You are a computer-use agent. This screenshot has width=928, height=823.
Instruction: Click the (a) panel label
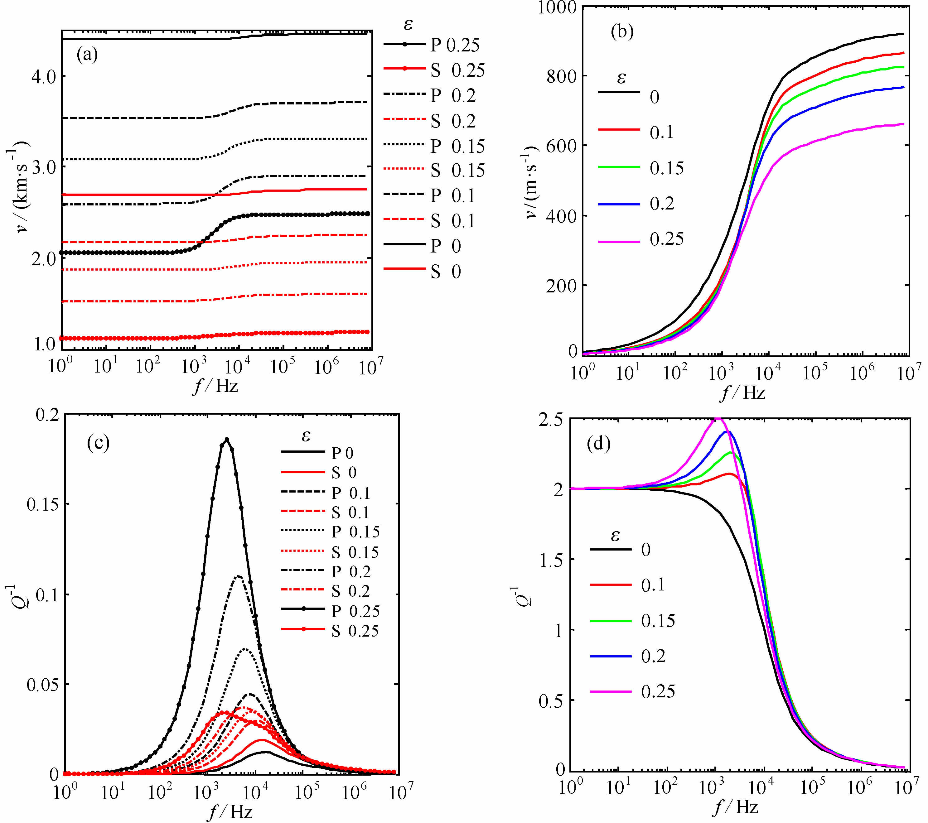tap(87, 55)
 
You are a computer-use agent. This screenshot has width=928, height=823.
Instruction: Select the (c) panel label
tap(98, 443)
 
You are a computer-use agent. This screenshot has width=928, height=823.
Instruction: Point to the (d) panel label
tap(598, 444)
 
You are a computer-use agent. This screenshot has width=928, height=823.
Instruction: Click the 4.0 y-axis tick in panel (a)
tap(43, 76)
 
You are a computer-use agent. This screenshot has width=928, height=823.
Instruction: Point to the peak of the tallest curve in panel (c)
tap(227, 439)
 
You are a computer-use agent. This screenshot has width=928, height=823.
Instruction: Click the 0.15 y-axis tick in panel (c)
tap(43, 504)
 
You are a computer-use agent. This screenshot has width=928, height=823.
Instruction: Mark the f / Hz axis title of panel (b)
tap(743, 392)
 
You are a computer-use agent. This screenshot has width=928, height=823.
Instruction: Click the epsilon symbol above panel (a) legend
tap(408, 24)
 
